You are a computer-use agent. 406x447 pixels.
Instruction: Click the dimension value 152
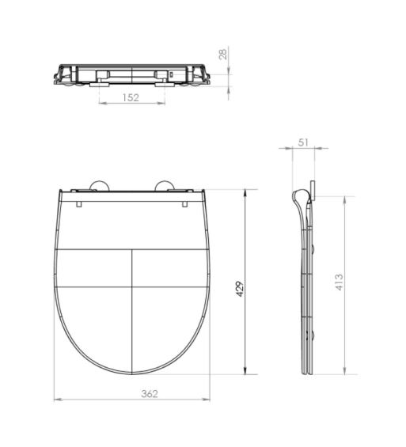pyautogui.click(x=131, y=97)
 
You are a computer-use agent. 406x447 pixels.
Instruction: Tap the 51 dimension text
pyautogui.click(x=303, y=143)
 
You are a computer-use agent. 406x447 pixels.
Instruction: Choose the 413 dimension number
pyautogui.click(x=339, y=282)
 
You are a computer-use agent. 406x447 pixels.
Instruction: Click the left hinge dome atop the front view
pyautogui.click(x=100, y=186)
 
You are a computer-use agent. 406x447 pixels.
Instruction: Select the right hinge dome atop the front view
pyautogui.click(x=166, y=186)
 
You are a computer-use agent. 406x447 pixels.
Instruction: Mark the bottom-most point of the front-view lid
pyautogui.click(x=132, y=374)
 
